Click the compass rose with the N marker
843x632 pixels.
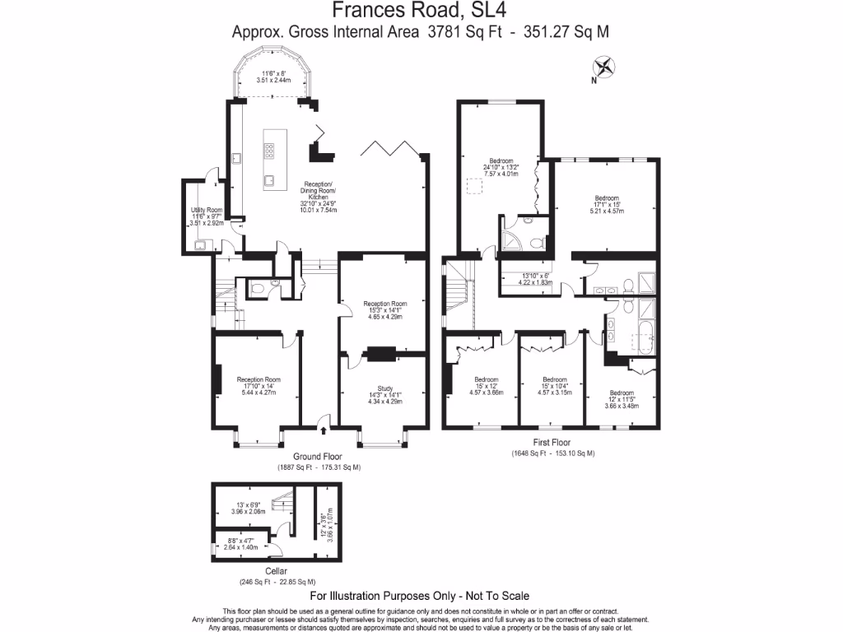click(605, 67)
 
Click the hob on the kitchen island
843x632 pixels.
click(269, 150)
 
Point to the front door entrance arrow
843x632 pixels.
click(322, 429)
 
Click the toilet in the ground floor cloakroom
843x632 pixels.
click(258, 289)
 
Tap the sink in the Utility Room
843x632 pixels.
click(200, 244)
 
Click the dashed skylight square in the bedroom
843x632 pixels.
click(475, 187)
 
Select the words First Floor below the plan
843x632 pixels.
click(552, 443)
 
